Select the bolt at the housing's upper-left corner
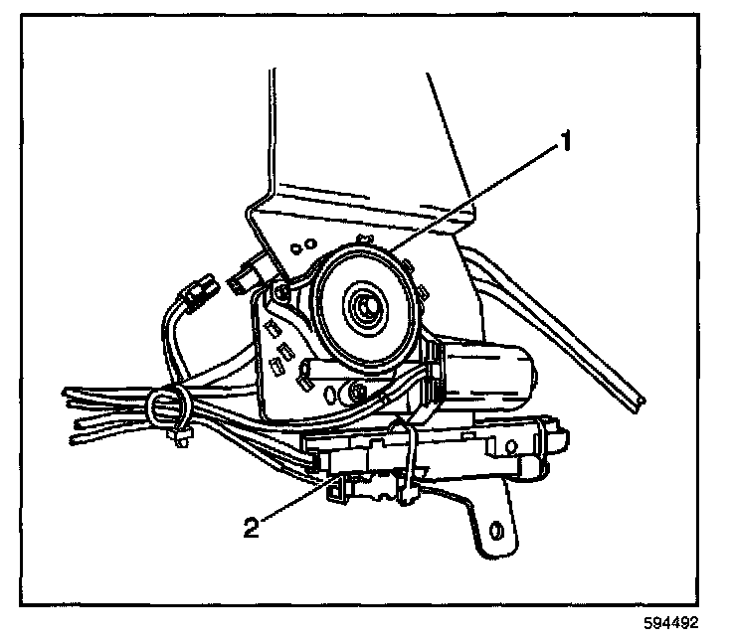pos(281,290)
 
